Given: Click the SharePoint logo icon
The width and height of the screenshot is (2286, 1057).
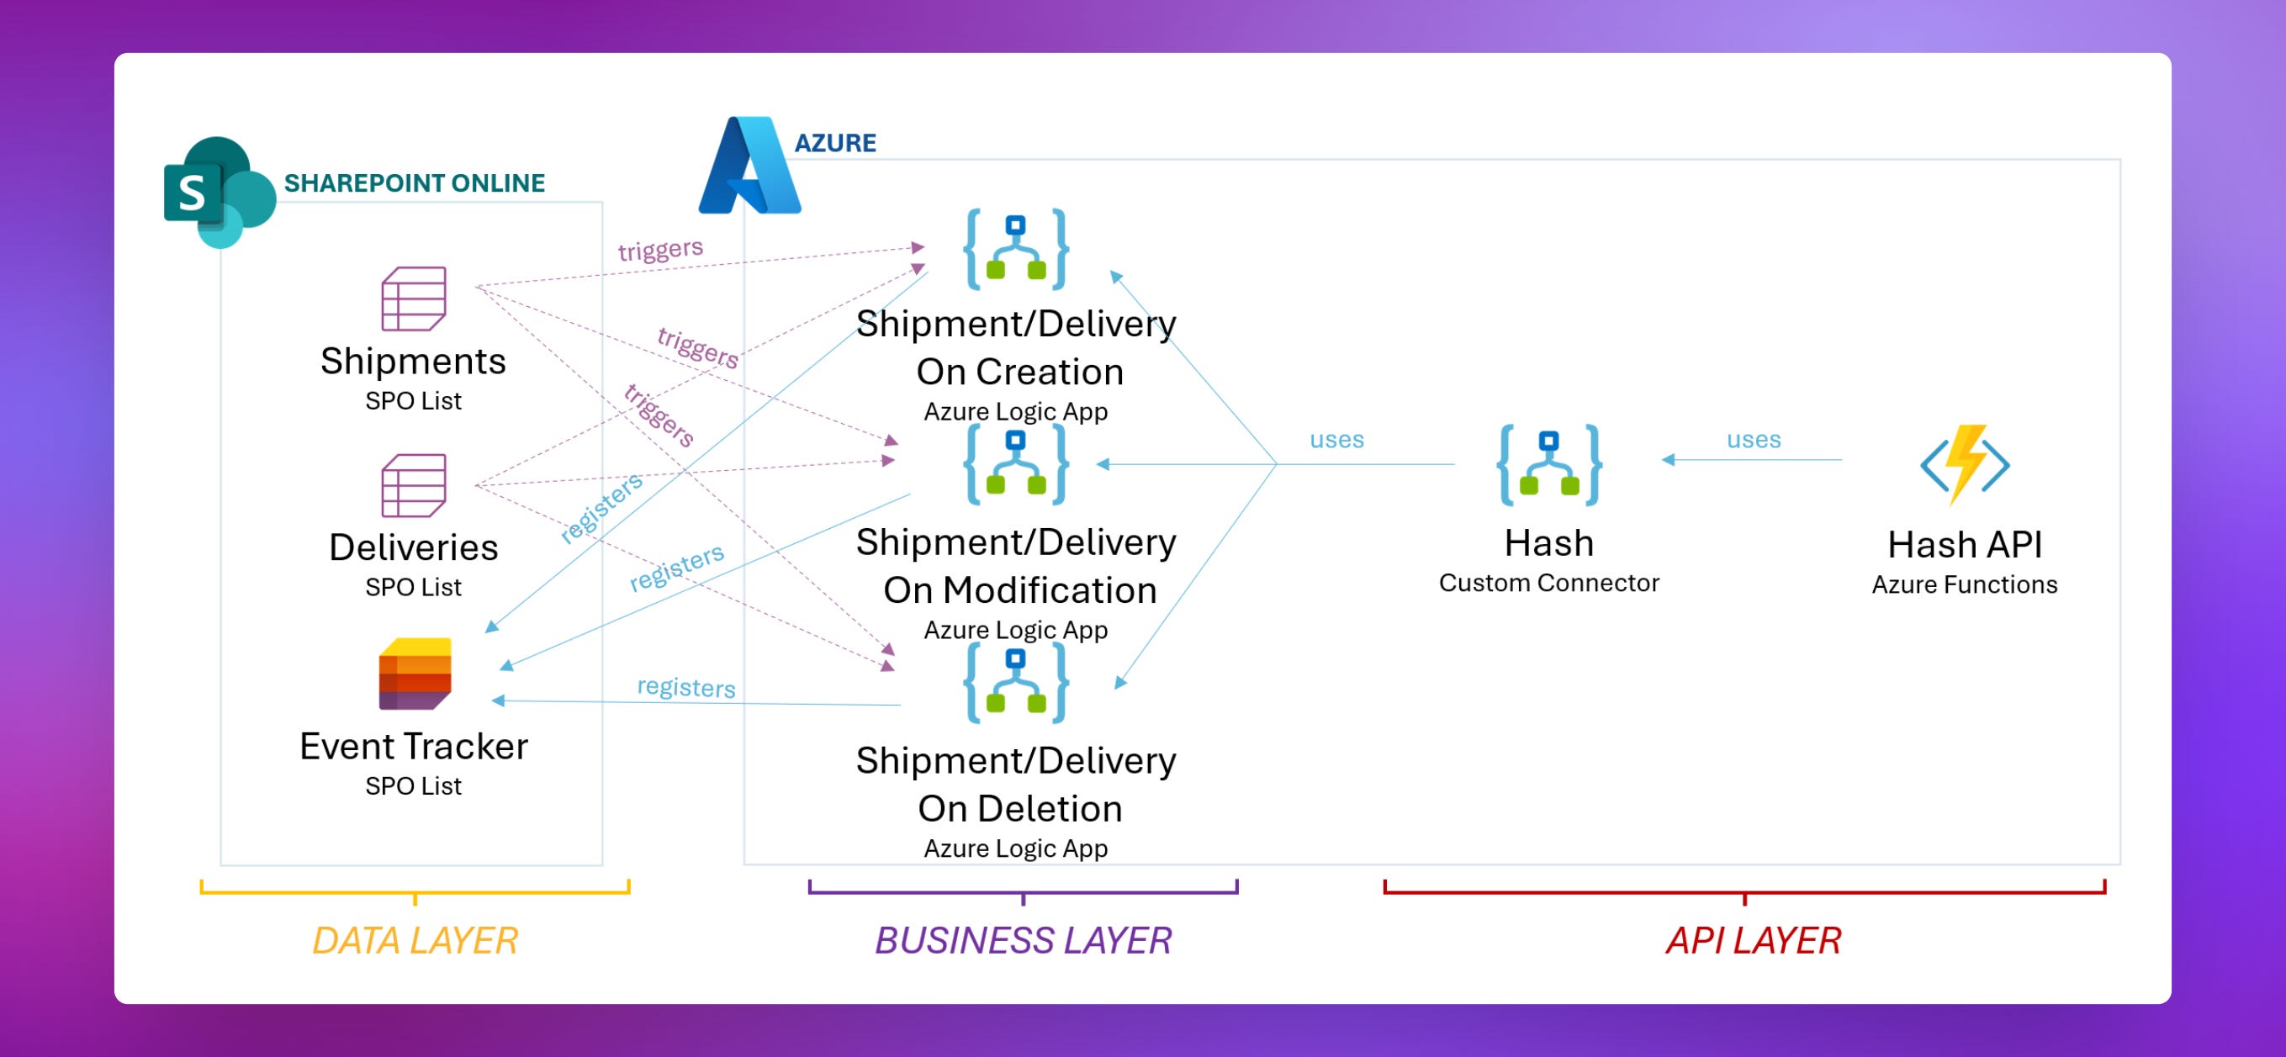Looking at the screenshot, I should pyautogui.click(x=219, y=193).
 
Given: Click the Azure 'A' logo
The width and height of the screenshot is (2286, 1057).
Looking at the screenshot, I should pyautogui.click(x=750, y=166).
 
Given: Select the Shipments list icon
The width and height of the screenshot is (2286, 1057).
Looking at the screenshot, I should pyautogui.click(x=414, y=299).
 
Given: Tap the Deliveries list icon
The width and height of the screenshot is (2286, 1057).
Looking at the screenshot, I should pyautogui.click(x=414, y=485).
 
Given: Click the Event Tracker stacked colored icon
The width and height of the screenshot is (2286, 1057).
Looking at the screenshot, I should pyautogui.click(x=415, y=674).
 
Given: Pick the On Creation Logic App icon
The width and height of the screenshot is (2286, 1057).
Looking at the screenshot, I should pyautogui.click(x=1016, y=250).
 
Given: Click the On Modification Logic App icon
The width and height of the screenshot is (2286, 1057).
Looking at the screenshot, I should pyautogui.click(x=1016, y=464).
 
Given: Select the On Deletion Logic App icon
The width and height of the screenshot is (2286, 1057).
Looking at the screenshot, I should pyautogui.click(x=1016, y=683).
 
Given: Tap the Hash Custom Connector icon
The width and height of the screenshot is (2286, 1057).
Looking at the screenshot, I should pyautogui.click(x=1548, y=465).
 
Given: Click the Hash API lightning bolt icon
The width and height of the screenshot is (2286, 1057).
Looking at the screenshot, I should pyautogui.click(x=1965, y=463).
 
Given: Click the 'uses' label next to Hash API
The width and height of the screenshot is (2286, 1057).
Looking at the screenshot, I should pyautogui.click(x=1754, y=439).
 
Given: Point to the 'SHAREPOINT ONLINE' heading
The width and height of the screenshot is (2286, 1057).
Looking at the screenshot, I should pyautogui.click(x=415, y=182).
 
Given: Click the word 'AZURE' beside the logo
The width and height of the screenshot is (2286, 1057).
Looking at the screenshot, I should pyautogui.click(x=835, y=143).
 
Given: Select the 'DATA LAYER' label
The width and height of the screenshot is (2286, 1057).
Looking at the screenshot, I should pyautogui.click(x=415, y=941).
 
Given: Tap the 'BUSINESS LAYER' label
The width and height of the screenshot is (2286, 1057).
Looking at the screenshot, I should pyautogui.click(x=1024, y=941).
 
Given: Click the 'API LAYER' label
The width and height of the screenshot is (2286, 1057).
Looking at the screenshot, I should pyautogui.click(x=1754, y=941).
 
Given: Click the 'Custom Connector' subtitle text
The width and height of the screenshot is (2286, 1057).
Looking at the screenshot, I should pyautogui.click(x=1548, y=583).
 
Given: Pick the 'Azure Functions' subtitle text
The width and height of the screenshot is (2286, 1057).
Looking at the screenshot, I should pyautogui.click(x=1965, y=585).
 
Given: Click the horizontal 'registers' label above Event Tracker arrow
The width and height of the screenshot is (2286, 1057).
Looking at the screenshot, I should pyautogui.click(x=686, y=687).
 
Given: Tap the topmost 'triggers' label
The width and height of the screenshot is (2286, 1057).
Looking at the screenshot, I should pyautogui.click(x=660, y=250).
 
